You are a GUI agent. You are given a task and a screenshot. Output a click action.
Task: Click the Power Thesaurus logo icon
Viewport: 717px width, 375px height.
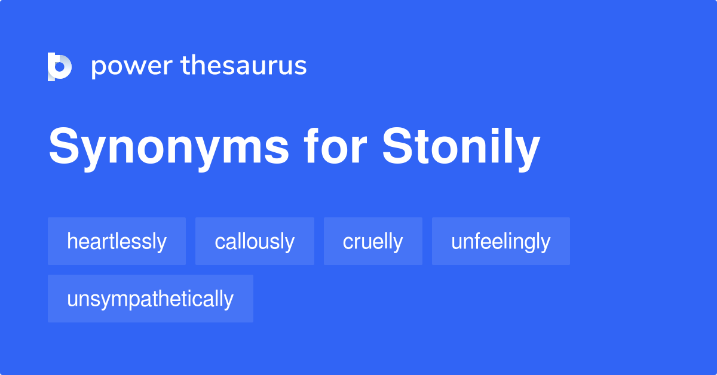(60, 66)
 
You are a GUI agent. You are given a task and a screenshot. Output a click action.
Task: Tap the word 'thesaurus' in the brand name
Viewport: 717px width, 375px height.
(244, 66)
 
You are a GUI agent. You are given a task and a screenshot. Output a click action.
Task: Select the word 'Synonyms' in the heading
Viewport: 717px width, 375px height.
(169, 147)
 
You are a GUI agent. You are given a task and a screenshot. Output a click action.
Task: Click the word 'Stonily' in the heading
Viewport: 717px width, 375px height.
(461, 147)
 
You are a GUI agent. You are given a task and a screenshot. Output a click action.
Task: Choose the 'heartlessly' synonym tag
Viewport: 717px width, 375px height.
(117, 241)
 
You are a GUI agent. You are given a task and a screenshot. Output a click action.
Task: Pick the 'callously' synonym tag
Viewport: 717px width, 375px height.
(255, 241)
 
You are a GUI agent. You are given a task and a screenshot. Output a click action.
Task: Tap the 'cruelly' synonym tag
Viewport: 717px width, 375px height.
(373, 241)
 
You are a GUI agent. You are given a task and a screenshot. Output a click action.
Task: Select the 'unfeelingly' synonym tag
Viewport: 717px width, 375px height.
(501, 241)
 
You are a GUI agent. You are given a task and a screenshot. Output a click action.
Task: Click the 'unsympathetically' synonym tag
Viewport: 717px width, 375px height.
(150, 299)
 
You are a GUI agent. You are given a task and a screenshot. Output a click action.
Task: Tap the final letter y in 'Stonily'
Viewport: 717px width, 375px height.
(527, 150)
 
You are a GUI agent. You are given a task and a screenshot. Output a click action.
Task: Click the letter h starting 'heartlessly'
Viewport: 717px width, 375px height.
(71, 241)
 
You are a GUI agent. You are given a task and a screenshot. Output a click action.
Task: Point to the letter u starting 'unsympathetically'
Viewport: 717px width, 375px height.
(72, 299)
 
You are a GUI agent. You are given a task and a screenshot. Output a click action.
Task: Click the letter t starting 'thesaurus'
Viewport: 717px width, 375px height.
(185, 66)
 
